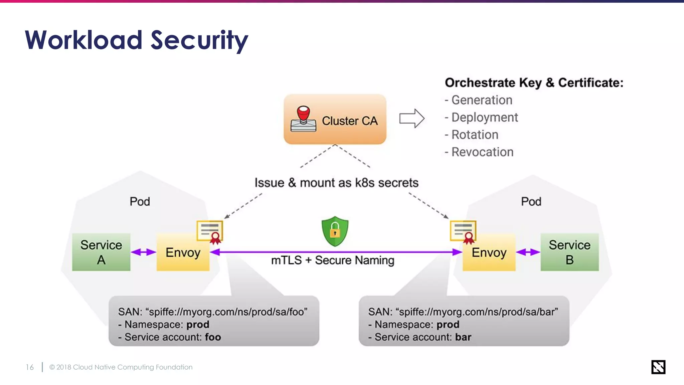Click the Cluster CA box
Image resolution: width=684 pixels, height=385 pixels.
[x=335, y=119]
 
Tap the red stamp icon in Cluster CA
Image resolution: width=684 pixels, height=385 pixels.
[x=303, y=119]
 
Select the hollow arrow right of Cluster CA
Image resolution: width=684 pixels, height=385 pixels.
[x=411, y=118]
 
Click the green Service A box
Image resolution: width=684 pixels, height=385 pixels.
[x=101, y=252]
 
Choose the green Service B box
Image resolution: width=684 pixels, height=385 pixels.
[x=569, y=252]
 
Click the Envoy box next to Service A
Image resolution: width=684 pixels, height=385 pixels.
[x=183, y=253]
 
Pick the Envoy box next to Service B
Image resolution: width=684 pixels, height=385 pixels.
[x=489, y=253]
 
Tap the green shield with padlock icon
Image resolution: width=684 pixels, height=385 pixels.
[x=335, y=231]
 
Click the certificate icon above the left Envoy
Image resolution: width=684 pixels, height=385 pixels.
[x=210, y=232]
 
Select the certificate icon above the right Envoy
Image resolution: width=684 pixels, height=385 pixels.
[x=463, y=232]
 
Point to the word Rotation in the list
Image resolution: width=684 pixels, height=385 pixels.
[x=475, y=135]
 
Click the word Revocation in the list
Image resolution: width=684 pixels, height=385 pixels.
[x=482, y=152]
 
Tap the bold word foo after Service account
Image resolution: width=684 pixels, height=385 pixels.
[x=213, y=337]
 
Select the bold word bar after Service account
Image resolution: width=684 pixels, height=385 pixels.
[x=463, y=337]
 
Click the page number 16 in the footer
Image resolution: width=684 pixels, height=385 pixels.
[x=30, y=367]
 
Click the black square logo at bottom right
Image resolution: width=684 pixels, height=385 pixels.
[x=658, y=367]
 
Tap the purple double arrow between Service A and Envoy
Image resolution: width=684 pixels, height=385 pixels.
[x=143, y=252]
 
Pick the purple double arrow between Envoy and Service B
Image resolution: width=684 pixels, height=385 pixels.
[x=528, y=252]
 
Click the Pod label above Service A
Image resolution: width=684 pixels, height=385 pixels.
[x=140, y=202]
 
